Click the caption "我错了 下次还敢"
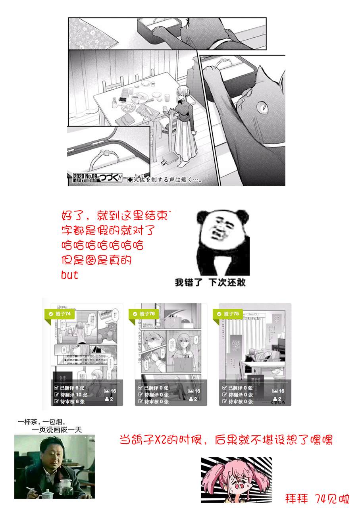(x=210, y=283)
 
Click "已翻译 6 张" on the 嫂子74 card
(x=69, y=388)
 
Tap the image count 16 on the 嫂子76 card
(x=194, y=391)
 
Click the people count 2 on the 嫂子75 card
(x=279, y=399)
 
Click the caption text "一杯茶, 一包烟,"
(x=42, y=422)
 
